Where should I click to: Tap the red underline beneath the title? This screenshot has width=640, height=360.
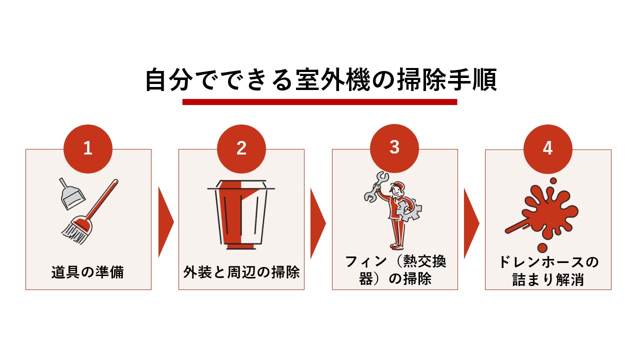[320, 102]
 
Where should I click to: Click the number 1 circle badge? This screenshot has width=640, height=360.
[88, 148]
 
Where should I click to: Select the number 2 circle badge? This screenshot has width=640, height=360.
[241, 148]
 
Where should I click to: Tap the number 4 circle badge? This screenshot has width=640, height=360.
[547, 148]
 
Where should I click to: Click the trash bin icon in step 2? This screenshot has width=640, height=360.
[241, 215]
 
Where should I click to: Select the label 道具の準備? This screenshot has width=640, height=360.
[88, 273]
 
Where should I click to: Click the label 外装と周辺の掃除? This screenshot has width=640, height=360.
[241, 273]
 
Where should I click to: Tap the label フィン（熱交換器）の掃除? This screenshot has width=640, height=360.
[395, 270]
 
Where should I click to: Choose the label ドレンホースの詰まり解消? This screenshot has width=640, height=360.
[548, 270]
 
